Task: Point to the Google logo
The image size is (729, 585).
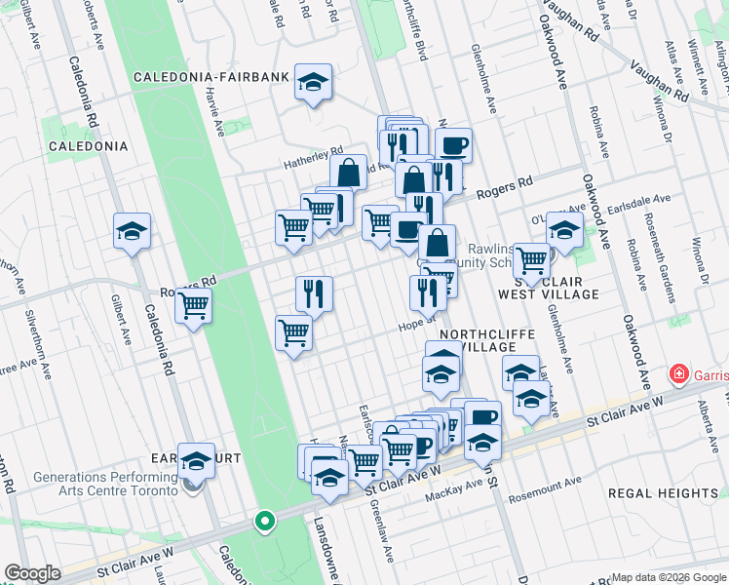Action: tap(32, 573)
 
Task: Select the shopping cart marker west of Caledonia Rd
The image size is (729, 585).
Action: tap(193, 305)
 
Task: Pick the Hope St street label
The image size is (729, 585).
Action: tap(414, 330)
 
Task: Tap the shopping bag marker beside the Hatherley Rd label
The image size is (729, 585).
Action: tap(348, 173)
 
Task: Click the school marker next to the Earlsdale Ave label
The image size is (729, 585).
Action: tap(564, 230)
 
